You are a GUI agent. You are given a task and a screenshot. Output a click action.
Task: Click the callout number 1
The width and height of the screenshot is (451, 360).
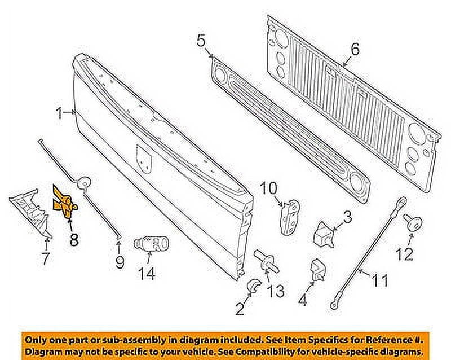point(59,113)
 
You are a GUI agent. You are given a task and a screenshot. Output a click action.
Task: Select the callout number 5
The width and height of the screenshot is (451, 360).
point(201,41)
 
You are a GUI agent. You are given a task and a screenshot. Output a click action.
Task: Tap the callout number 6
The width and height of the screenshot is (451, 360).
point(354,50)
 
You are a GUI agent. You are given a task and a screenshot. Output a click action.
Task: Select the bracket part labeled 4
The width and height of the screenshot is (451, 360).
point(317,272)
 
